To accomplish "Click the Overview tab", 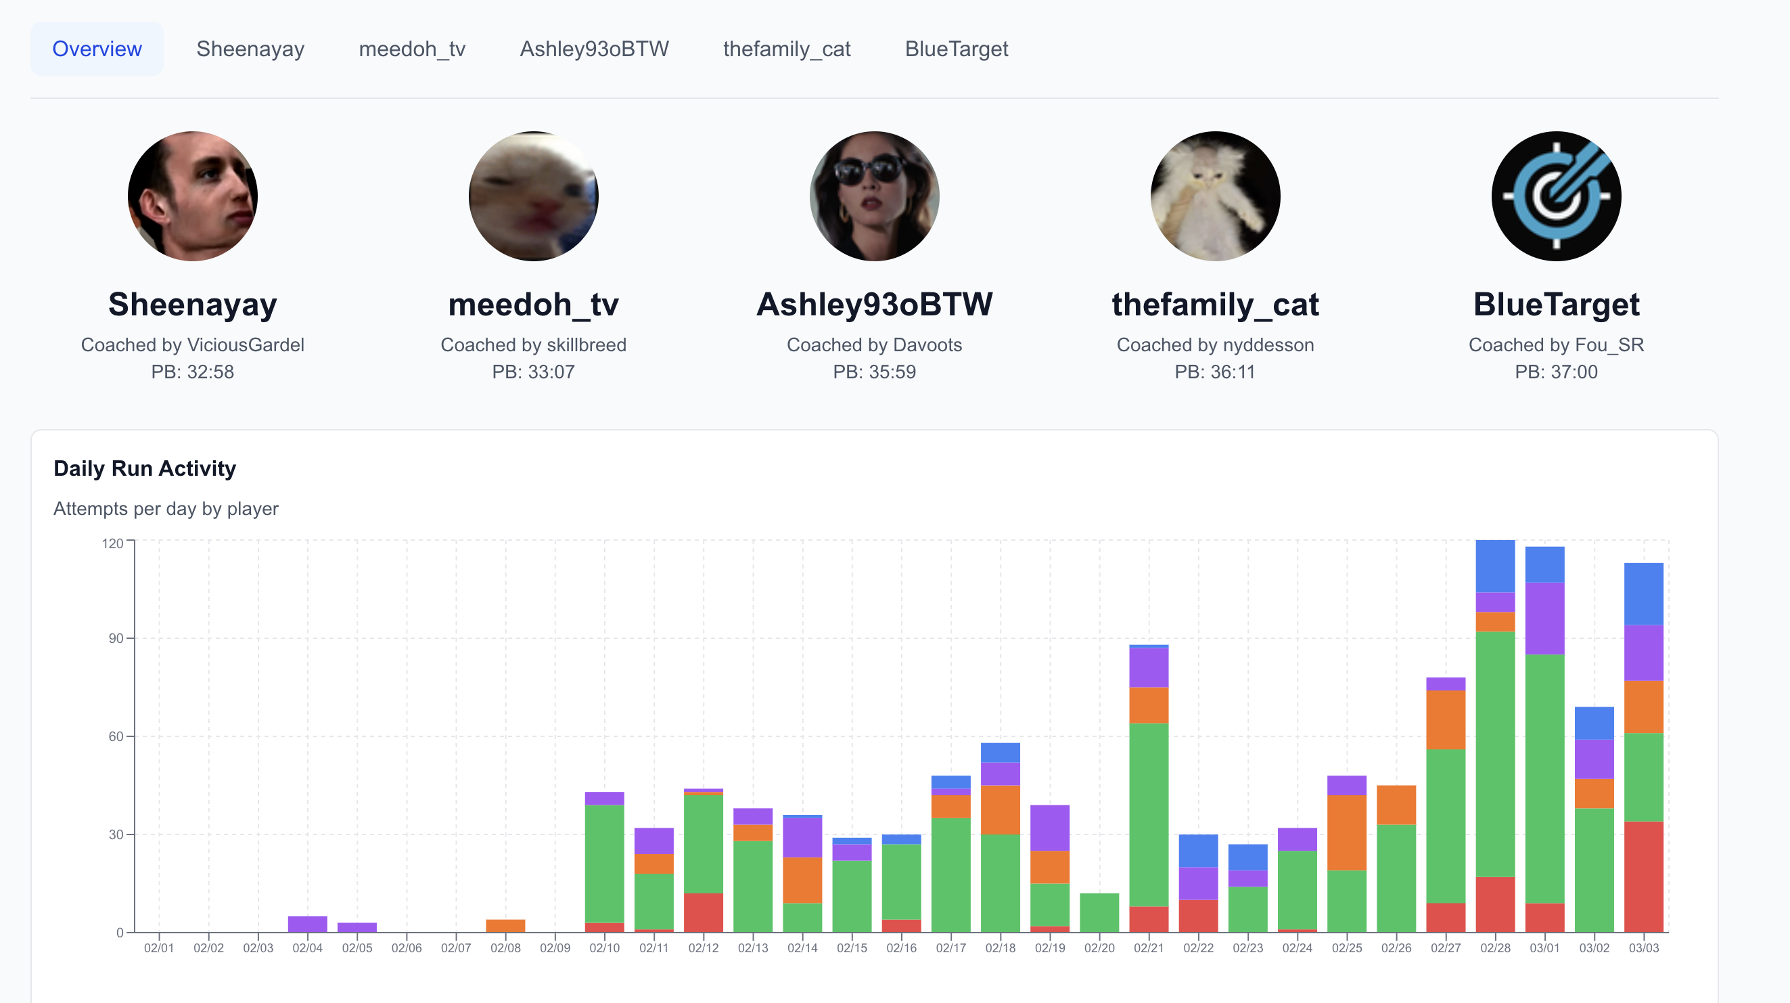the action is tap(97, 49).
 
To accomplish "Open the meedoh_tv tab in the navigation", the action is tap(412, 49).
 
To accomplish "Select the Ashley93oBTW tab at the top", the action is tap(594, 49).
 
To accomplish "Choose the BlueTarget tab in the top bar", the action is tap(956, 49).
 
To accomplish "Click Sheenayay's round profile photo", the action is tap(193, 196).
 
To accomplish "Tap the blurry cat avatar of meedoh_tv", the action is tap(534, 196).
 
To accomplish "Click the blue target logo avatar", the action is tap(1556, 196).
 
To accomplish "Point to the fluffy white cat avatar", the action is tap(1216, 196).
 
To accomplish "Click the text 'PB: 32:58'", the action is tap(193, 372).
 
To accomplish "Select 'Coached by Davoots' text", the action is tap(874, 344).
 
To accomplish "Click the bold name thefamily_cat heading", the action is tap(1216, 305).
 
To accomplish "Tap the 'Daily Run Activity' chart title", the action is tap(145, 468).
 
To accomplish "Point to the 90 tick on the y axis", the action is tap(116, 638).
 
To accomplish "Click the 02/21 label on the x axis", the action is tap(1149, 948).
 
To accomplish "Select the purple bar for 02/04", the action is tap(307, 924).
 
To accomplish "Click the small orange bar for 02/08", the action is tap(505, 926).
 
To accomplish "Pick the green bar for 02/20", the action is tap(1099, 912).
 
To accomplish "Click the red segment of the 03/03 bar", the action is tap(1643, 877).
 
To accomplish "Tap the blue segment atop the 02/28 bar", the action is tap(1495, 566).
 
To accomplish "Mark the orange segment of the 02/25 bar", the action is tap(1347, 832).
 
